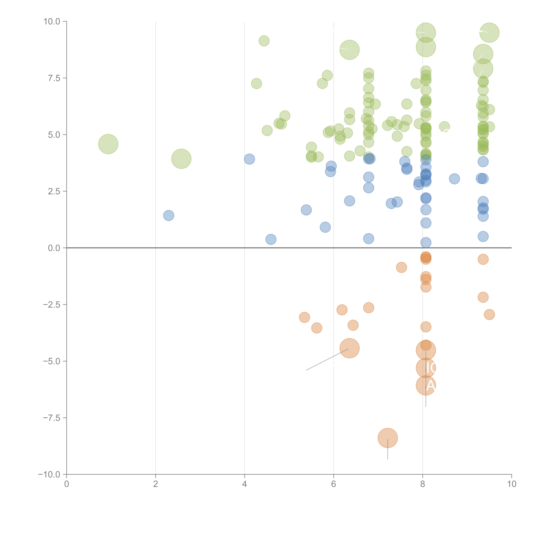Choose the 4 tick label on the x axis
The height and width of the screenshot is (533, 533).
click(x=244, y=484)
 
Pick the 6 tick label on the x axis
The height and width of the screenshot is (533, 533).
click(x=334, y=484)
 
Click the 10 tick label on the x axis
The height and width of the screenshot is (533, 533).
click(x=511, y=484)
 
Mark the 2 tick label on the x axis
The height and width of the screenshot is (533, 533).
click(x=156, y=484)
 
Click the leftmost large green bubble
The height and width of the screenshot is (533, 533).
click(x=108, y=144)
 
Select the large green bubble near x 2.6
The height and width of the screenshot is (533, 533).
click(x=181, y=159)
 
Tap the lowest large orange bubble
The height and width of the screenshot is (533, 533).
click(x=388, y=438)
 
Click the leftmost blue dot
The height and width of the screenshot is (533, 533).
click(x=169, y=215)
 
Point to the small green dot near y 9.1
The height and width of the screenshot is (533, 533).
click(x=264, y=41)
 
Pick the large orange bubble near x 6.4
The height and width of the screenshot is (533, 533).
click(x=350, y=348)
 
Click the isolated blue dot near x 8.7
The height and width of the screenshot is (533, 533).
click(x=454, y=179)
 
